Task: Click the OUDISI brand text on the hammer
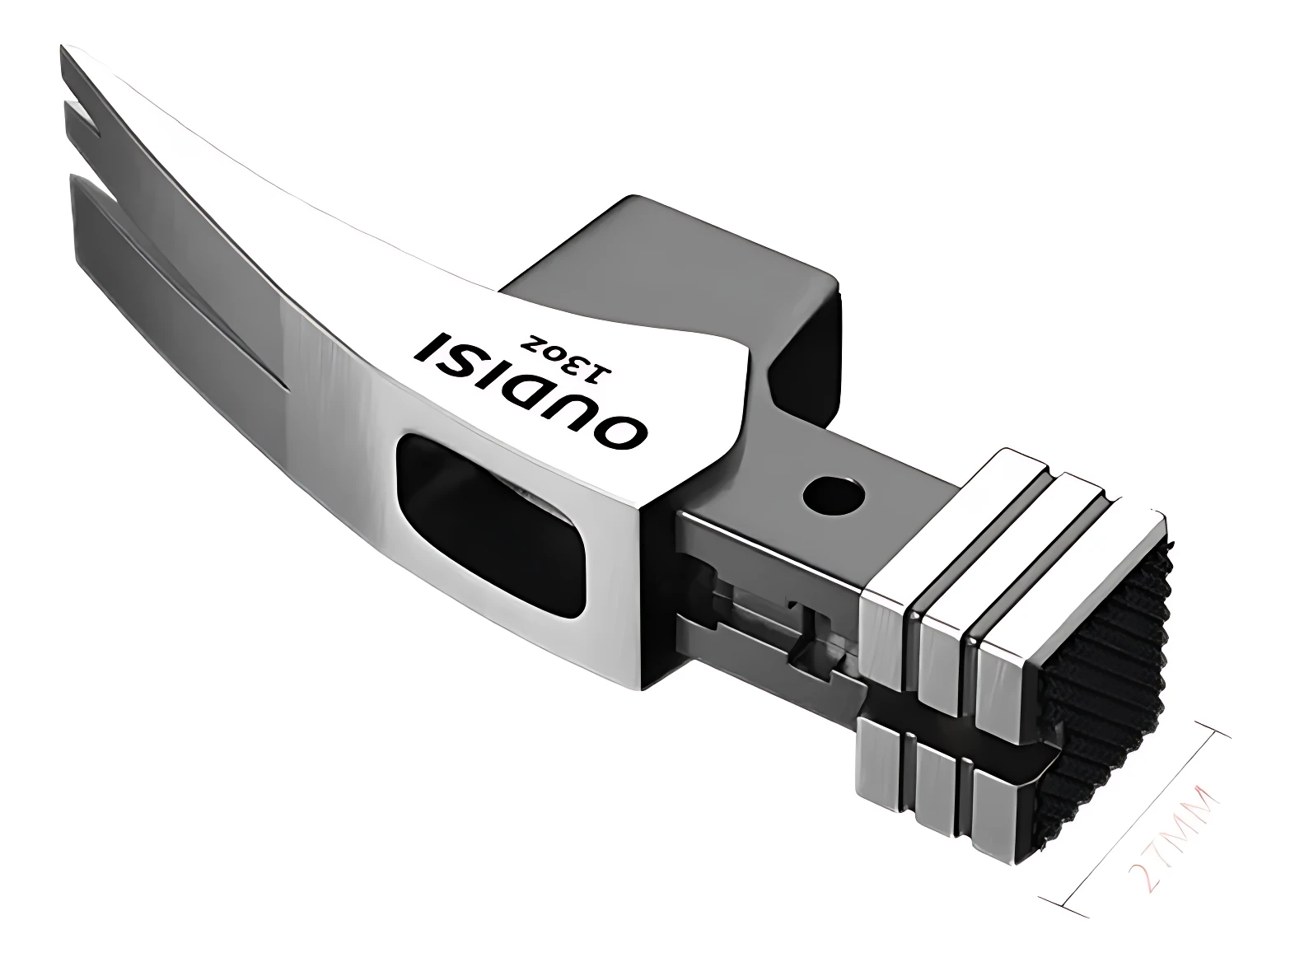click(532, 390)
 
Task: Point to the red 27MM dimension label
click(1175, 829)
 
